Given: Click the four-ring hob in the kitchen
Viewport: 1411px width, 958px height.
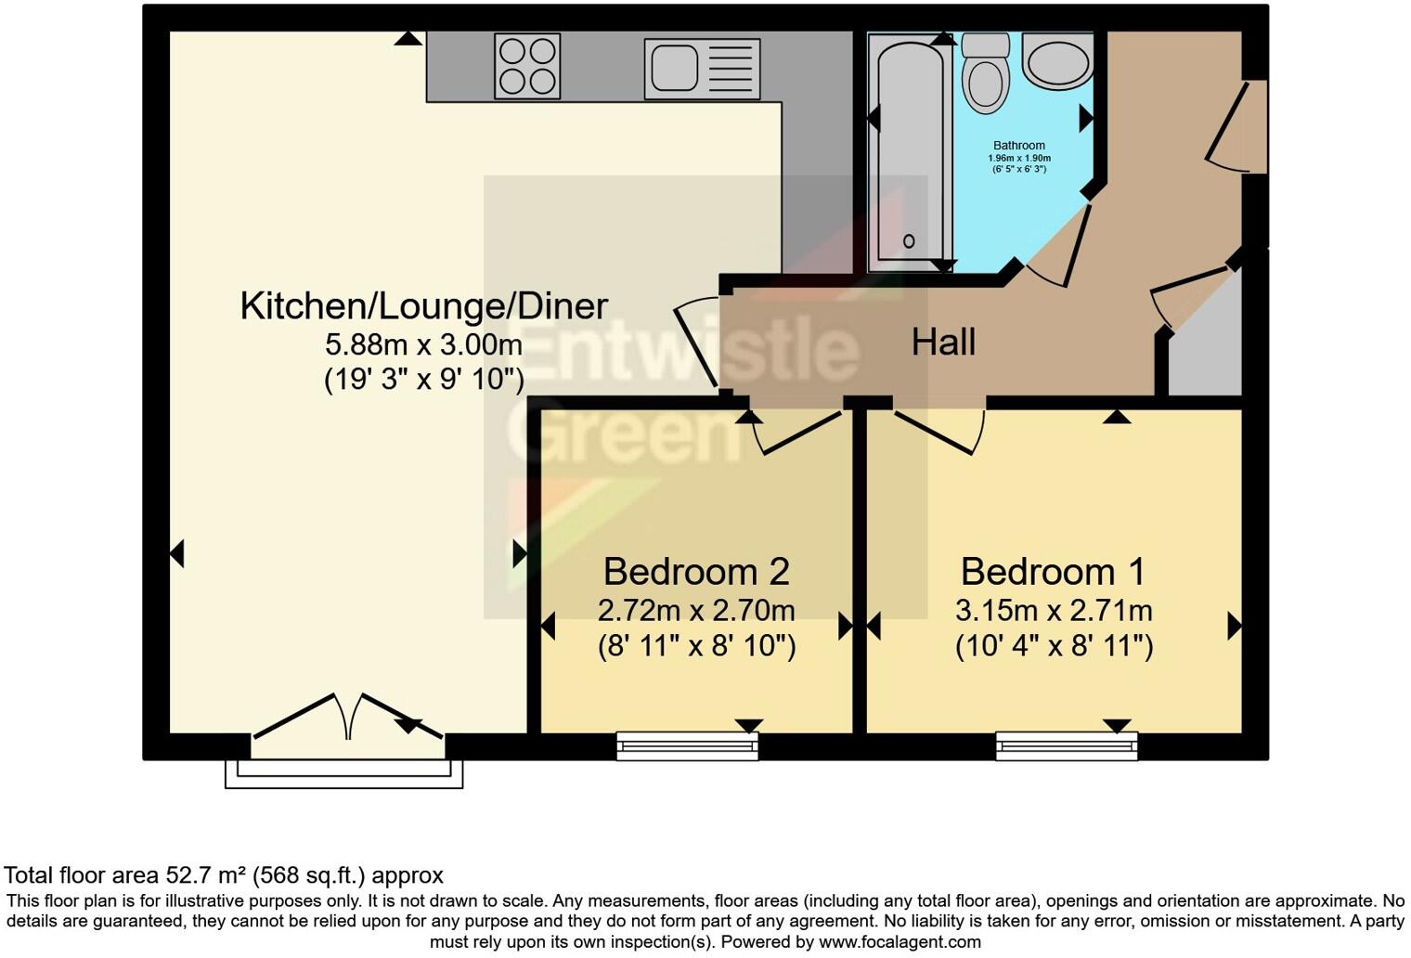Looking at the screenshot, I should [x=527, y=66].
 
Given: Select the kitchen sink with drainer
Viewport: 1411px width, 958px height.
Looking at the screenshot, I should [x=702, y=69].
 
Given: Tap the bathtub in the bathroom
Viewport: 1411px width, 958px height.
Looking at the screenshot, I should [x=909, y=153].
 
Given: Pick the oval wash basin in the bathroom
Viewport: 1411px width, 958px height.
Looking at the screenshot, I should [x=1057, y=59].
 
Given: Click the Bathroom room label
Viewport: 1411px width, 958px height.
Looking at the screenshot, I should [x=1018, y=146].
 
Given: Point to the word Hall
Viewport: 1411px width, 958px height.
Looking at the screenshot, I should [x=943, y=343].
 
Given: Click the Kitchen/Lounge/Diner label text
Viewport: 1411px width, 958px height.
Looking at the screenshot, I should [x=423, y=306].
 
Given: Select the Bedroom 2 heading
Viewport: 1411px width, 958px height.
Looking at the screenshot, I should [x=696, y=571].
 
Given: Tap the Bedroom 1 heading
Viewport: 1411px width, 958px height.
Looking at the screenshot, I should [x=1053, y=571].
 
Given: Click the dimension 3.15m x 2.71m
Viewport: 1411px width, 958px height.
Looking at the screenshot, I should [x=1054, y=611].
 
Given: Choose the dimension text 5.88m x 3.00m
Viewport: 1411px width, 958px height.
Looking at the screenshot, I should [x=423, y=345].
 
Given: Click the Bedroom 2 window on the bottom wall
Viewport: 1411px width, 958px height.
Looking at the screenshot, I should [x=687, y=745].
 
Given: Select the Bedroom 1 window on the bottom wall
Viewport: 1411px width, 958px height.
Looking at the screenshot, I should [x=1066, y=745].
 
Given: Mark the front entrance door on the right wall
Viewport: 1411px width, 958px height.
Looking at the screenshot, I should [x=1239, y=126].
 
